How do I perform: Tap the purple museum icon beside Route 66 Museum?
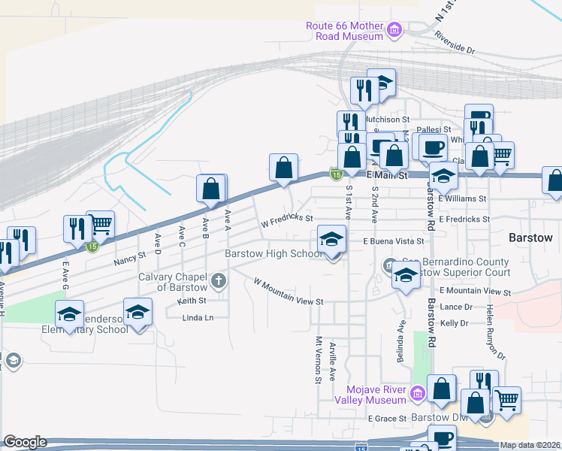pyautogui.click(x=394, y=31)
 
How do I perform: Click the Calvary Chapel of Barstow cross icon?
pyautogui.click(x=219, y=282)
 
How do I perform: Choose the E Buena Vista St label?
pyautogui.click(x=394, y=242)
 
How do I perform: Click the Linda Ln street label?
pyautogui.click(x=198, y=318)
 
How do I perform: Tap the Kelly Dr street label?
pyautogui.click(x=455, y=323)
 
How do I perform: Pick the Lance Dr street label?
pyautogui.click(x=456, y=307)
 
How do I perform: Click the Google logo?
pyautogui.click(x=25, y=442)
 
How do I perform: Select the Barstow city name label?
pyautogui.click(x=530, y=238)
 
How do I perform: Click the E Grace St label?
pyautogui.click(x=387, y=418)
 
